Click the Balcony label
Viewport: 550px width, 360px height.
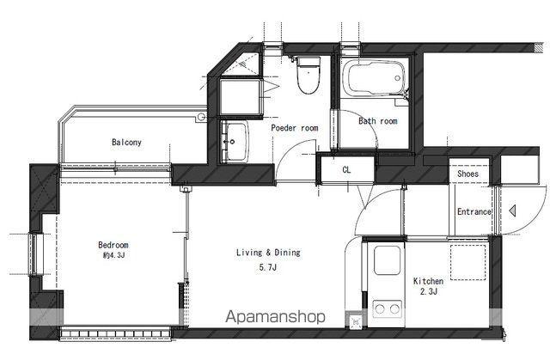click(x=126, y=142)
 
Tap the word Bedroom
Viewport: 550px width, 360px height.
click(x=113, y=245)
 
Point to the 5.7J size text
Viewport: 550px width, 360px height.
click(x=268, y=267)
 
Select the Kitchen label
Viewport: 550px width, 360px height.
click(x=428, y=281)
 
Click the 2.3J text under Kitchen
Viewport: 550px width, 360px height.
click(x=429, y=291)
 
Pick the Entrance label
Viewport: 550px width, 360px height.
click(x=474, y=211)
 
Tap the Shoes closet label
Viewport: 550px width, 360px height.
click(x=467, y=174)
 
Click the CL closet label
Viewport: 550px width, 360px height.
click(x=346, y=170)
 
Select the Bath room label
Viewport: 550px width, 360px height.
click(x=378, y=121)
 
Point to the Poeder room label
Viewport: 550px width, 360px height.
click(x=295, y=128)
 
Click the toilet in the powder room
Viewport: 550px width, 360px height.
click(x=309, y=75)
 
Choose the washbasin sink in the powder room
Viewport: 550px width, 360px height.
click(x=235, y=142)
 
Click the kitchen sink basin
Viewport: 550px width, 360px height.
click(x=387, y=260)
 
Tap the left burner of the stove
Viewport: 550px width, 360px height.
click(x=380, y=309)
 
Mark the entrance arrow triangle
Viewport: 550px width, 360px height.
click(x=512, y=211)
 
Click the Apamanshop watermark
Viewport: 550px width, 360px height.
click(x=275, y=317)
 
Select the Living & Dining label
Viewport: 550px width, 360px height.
click(x=268, y=253)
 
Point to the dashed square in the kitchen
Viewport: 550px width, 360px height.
click(x=467, y=262)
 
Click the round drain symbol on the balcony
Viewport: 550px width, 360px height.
click(x=201, y=117)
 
